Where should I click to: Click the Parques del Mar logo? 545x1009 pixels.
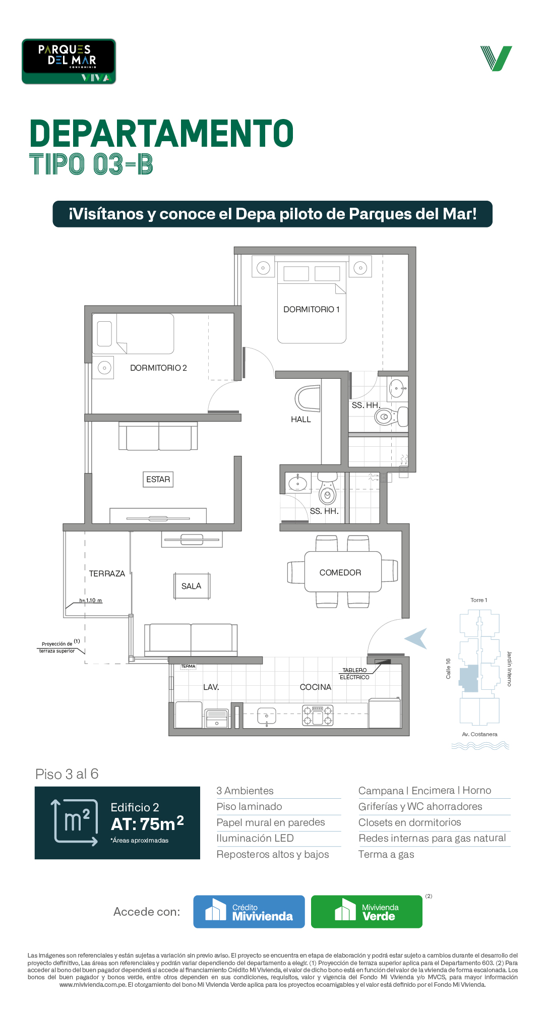(69, 62)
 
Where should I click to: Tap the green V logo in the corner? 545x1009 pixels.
(496, 58)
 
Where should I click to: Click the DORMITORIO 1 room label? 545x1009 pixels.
(312, 310)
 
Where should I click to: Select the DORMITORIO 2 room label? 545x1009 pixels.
(158, 368)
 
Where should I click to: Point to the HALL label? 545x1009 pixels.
(301, 420)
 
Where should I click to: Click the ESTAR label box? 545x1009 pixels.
(158, 480)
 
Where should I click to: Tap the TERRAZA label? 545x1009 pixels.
(107, 574)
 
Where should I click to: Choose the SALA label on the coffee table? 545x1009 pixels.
(192, 586)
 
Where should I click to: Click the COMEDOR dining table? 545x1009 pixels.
(343, 572)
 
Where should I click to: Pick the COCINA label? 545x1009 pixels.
(316, 687)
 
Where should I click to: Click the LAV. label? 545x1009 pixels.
(211, 687)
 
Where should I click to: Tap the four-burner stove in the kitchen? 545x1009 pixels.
(318, 716)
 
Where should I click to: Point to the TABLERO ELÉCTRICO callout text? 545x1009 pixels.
(354, 674)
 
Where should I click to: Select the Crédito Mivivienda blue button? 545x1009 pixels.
(249, 912)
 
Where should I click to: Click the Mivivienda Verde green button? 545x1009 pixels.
(367, 912)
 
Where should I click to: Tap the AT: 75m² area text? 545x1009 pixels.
(147, 823)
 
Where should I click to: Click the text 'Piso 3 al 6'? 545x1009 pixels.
(67, 774)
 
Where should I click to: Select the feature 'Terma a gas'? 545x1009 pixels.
(386, 854)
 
